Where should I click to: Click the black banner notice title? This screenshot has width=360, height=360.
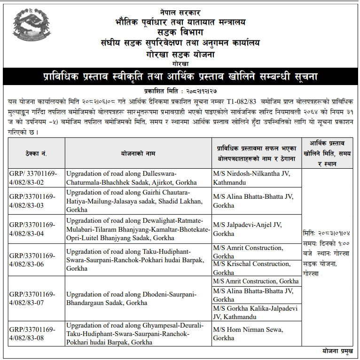[180, 77]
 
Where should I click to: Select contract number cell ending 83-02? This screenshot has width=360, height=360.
[33, 178]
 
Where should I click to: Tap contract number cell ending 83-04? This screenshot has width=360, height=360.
[33, 229]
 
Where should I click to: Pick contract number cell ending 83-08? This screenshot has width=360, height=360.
[33, 334]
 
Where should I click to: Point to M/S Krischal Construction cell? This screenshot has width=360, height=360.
[252, 268]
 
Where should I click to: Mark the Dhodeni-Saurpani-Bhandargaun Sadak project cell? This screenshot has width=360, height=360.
[131, 298]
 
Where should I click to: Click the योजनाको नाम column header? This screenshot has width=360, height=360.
[138, 154]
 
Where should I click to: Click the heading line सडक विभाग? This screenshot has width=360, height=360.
[180, 32]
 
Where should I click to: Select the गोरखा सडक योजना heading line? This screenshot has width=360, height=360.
[180, 54]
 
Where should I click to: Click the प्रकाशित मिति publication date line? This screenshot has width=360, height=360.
[180, 90]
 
